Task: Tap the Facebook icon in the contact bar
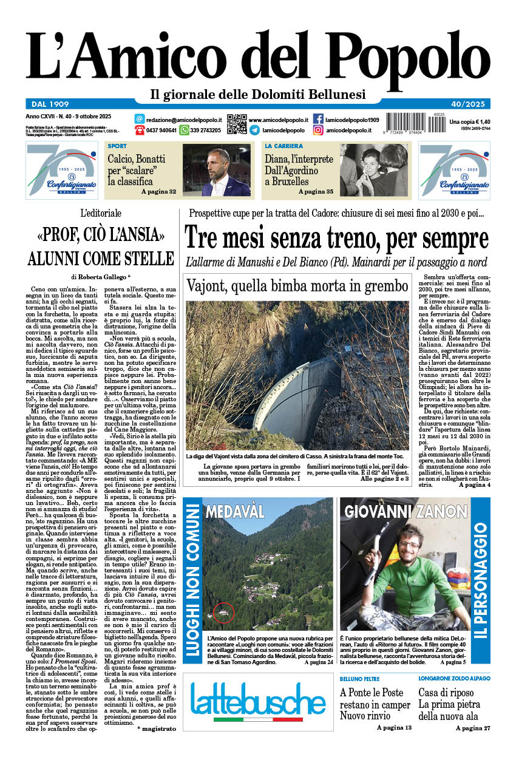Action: (x=318, y=119)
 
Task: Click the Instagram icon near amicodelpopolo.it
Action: (x=318, y=130)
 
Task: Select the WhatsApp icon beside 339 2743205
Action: (x=185, y=130)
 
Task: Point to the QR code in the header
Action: (x=237, y=124)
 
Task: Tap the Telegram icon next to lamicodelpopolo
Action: (x=254, y=130)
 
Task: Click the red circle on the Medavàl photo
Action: (x=224, y=613)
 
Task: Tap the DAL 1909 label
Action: (x=51, y=103)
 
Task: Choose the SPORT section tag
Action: (x=117, y=146)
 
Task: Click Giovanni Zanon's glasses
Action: (x=409, y=545)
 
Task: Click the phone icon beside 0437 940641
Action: (x=140, y=130)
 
